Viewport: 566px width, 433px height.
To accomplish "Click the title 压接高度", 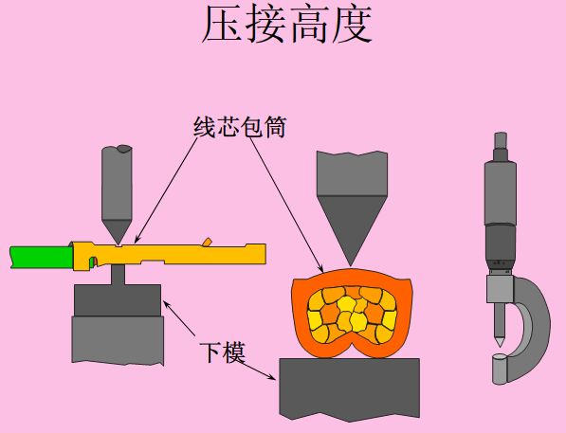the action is [287, 25].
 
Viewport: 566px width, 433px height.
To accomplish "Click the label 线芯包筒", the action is [240, 126].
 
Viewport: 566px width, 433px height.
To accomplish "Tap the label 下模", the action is [223, 352].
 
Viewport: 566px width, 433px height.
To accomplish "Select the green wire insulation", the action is [41, 257].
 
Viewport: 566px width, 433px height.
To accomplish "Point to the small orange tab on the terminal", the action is [208, 243].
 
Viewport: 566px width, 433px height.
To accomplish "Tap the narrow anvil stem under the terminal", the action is [118, 275].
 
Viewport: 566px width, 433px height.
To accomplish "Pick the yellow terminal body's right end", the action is [265, 254].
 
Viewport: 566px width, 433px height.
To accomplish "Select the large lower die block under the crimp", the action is [350, 388].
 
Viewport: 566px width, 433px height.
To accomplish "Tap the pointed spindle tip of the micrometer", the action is [500, 342].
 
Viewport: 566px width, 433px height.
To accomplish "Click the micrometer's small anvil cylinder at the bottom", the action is [498, 370].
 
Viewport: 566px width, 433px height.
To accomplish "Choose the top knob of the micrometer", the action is [501, 141].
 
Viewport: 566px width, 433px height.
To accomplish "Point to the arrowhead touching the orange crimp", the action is [320, 268].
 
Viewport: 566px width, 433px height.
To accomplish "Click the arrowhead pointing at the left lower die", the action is [167, 304].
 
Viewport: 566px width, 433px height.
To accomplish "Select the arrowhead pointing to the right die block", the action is [271, 377].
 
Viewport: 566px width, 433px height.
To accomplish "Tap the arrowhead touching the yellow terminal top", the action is [137, 240].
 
